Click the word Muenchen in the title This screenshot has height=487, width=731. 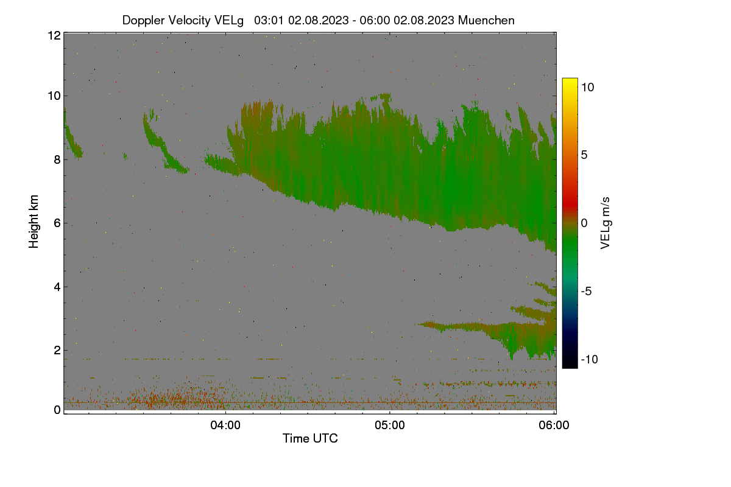486,20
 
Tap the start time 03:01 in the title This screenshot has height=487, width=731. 269,20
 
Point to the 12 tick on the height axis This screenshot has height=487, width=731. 54,35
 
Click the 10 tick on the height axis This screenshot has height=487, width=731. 54,96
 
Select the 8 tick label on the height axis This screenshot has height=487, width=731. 58,159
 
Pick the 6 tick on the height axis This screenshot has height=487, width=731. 58,223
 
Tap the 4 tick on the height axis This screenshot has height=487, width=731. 58,287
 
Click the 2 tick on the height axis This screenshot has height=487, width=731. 58,350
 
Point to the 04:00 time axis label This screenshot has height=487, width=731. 225,425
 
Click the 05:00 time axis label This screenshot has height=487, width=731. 390,425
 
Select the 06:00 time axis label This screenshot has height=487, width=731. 554,425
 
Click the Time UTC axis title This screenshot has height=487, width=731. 310,438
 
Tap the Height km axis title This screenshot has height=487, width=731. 34,222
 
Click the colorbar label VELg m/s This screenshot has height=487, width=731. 606,223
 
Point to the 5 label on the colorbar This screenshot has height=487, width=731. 584,155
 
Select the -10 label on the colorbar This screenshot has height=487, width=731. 590,359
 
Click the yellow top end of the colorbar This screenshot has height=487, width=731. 570,79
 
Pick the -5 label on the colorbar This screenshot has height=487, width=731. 587,291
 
